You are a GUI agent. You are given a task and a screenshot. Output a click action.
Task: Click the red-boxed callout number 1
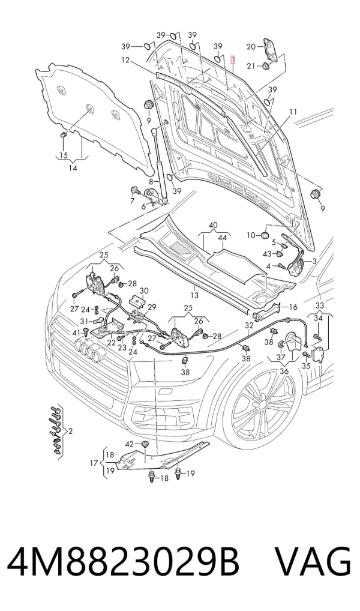[233, 60]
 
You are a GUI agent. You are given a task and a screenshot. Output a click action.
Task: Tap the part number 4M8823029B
[123, 562]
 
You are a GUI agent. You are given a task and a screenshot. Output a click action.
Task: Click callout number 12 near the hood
[125, 61]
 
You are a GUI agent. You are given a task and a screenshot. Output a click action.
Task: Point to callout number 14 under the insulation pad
[73, 168]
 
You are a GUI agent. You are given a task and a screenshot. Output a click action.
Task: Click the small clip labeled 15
[64, 136]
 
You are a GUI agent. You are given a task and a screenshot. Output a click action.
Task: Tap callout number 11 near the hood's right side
[293, 112]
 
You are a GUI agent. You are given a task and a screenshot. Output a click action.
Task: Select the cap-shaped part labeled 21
[267, 66]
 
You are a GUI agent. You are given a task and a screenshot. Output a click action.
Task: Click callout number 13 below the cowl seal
[194, 295]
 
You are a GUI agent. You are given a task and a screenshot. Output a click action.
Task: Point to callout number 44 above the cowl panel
[223, 237]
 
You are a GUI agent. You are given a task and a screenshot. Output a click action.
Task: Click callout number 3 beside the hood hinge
[314, 261]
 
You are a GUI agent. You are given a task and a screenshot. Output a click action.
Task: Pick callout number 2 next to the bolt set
[70, 431]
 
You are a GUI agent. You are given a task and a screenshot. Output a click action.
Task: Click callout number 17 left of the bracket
[94, 463]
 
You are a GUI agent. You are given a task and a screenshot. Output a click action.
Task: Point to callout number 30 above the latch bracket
[144, 290]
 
